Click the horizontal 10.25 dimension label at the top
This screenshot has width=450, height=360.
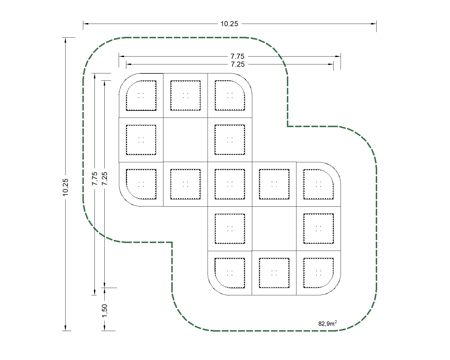[229, 24]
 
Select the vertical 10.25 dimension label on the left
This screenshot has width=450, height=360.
[66, 187]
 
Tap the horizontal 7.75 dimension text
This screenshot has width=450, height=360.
[237, 56]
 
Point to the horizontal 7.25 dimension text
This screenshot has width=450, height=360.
[238, 64]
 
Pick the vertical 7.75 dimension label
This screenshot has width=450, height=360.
[94, 178]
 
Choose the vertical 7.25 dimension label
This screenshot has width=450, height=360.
[104, 178]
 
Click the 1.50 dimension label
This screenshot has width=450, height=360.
[104, 310]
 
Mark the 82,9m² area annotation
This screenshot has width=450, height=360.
[327, 323]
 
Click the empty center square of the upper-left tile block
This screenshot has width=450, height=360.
[185, 140]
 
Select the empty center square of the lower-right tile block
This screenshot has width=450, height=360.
[274, 229]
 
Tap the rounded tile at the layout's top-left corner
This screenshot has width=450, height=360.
[141, 95]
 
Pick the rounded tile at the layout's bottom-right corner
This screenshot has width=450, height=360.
[318, 273]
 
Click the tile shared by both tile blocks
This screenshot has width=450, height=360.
[230, 184]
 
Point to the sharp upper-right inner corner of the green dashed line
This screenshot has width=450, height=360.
[287, 126]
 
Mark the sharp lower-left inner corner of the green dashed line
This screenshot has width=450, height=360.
[172, 242]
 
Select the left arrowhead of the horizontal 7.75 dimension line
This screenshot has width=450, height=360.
[121, 56]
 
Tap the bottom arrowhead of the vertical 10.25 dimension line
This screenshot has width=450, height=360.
[66, 328]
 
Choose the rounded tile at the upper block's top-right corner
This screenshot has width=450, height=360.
[230, 95]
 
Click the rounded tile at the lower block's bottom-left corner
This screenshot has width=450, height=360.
[230, 273]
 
